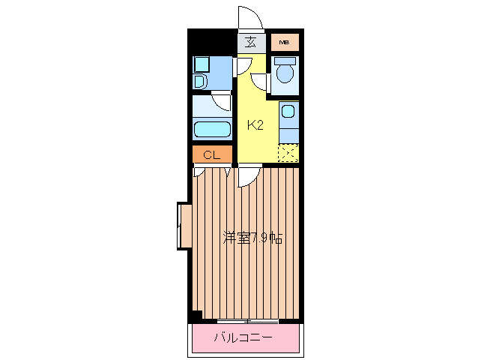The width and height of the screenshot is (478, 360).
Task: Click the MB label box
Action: (284, 42)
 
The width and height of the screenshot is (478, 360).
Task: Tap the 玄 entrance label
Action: (252, 42)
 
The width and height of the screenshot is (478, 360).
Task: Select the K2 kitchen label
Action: (255, 125)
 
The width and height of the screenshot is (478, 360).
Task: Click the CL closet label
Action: (211, 155)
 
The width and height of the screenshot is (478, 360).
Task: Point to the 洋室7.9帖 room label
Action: (252, 238)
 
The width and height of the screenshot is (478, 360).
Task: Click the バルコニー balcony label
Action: (243, 338)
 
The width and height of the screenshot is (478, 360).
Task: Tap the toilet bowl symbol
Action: (284, 73)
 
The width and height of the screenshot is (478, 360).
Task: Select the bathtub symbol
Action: (212, 129)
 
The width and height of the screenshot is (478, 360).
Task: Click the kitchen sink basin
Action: (288, 112)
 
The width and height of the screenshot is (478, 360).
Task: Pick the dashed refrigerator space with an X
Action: (288, 152)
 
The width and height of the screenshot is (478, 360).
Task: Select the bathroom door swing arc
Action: (222, 101)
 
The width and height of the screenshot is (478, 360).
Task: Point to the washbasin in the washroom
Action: (201, 80)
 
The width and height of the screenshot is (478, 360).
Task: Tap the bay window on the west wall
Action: (182, 225)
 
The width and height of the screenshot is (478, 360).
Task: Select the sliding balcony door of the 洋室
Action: (247, 321)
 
